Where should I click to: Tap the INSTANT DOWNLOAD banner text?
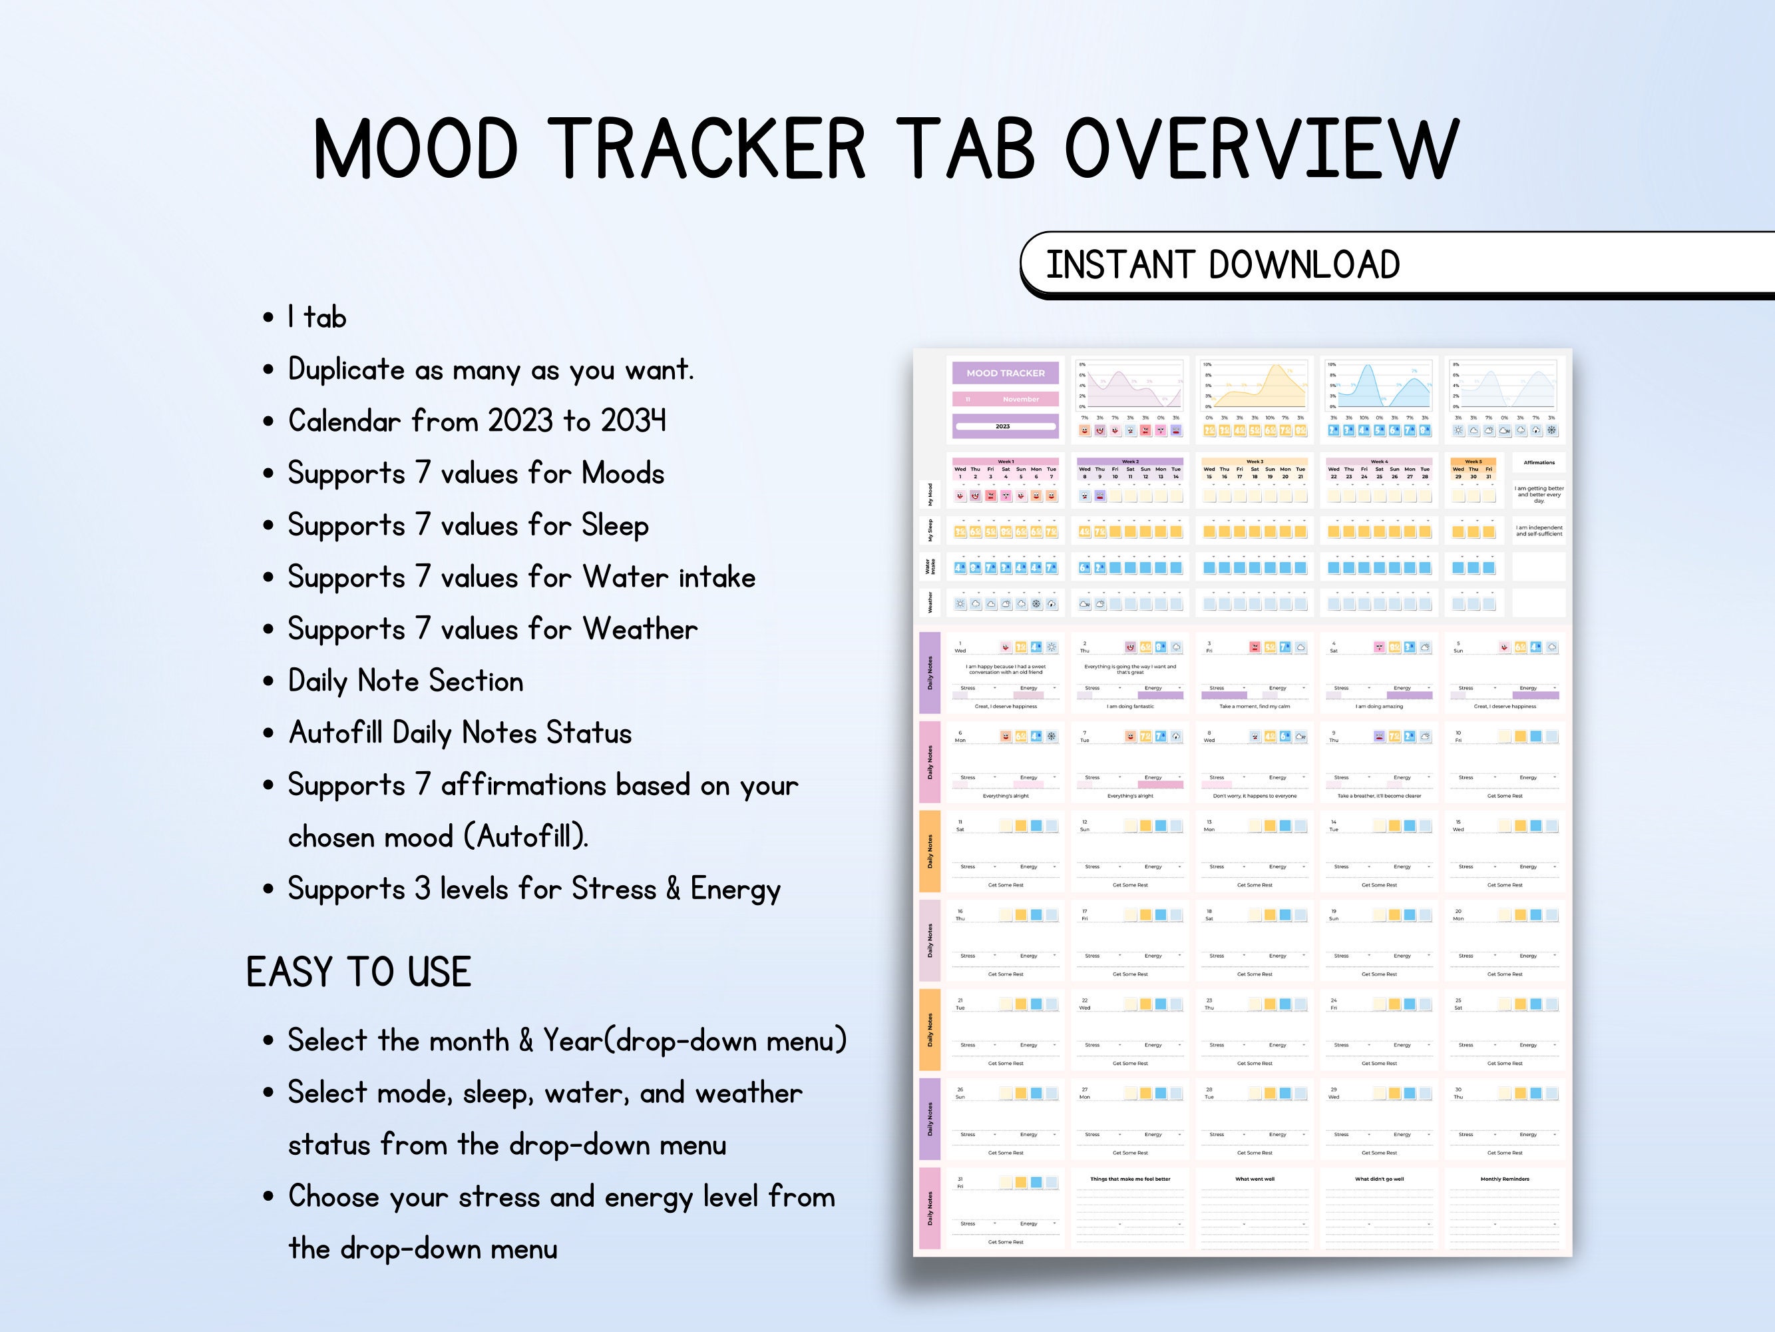pos(1222,265)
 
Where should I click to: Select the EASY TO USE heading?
pos(358,972)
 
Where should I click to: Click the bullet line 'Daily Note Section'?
pos(405,681)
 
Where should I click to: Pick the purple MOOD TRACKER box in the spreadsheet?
pos(1005,374)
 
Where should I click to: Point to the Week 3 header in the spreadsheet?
pos(1255,462)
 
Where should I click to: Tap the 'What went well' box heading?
pos(1255,1179)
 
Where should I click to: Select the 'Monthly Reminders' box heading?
pos(1505,1179)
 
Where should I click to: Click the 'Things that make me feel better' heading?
pos(1130,1179)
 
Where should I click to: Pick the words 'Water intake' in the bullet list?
pos(670,577)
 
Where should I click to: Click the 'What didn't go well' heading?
pos(1378,1179)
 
